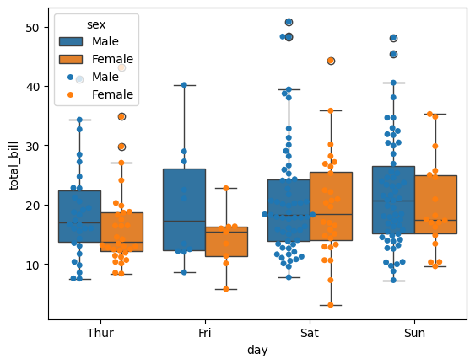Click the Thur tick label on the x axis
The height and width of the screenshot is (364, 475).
click(100, 333)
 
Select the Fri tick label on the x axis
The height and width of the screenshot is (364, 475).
click(205, 333)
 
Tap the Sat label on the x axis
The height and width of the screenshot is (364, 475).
click(310, 333)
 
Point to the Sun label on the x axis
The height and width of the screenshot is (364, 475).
click(414, 333)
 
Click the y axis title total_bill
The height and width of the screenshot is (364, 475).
click(13, 166)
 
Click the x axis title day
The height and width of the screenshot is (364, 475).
click(257, 348)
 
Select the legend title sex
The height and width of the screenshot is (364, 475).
click(96, 25)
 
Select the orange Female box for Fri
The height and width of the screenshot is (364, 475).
click(226, 242)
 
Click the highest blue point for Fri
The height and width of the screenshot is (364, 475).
click(184, 85)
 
